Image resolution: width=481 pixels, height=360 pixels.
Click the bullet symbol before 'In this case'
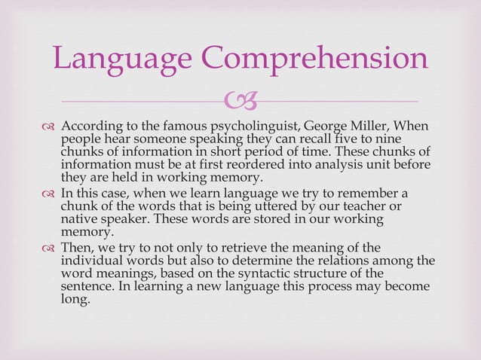coord(50,194)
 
